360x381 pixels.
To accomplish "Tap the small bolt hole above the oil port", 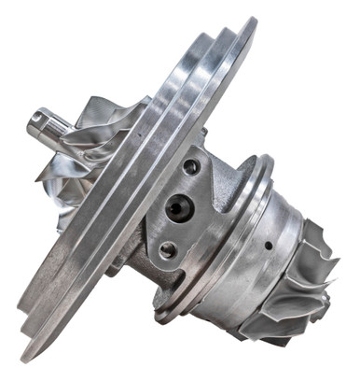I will tap(192, 168).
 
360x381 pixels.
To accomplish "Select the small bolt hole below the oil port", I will tap(168, 249).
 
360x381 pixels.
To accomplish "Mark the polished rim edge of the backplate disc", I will tap(140, 187).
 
